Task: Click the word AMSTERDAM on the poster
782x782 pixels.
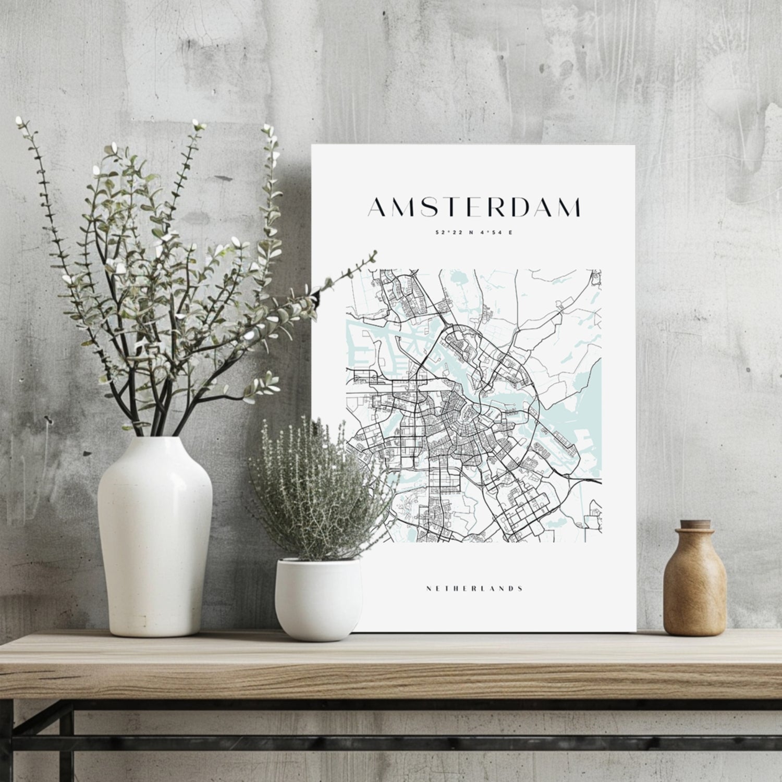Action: [x=474, y=207]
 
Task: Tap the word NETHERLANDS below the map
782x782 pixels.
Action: [x=474, y=589]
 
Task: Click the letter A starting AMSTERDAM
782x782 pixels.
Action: [x=377, y=207]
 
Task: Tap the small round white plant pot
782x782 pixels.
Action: [x=318, y=600]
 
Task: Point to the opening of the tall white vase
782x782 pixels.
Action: [x=155, y=439]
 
